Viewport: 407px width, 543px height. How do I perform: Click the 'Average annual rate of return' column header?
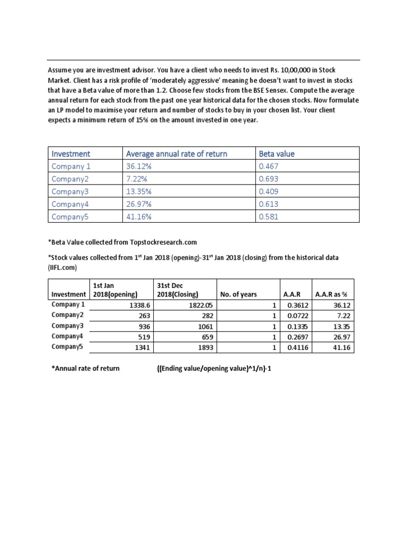pyautogui.click(x=176, y=154)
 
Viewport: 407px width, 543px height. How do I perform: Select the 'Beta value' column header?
pyautogui.click(x=276, y=154)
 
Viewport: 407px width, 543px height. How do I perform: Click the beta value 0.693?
pyautogui.click(x=269, y=179)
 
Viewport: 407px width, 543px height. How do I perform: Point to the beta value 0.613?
pyautogui.click(x=269, y=204)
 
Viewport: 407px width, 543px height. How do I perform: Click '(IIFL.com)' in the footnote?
pyautogui.click(x=63, y=268)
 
